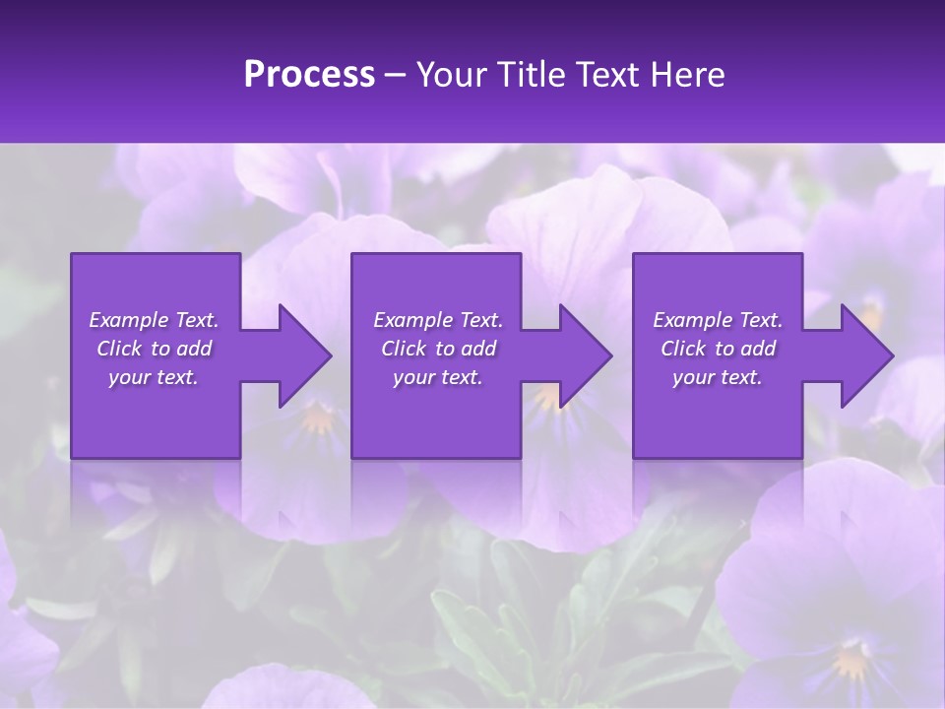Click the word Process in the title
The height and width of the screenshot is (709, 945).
coord(309,74)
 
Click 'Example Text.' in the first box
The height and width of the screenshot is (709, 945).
coord(154,320)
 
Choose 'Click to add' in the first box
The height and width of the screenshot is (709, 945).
coord(155,349)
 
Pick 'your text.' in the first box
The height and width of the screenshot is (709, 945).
coord(154,377)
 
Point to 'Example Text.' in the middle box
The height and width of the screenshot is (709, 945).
coord(438,320)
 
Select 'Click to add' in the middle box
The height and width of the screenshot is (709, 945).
coord(438,349)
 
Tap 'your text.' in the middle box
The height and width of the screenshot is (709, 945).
coord(438,377)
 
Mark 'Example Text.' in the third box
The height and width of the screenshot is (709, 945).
coord(718,320)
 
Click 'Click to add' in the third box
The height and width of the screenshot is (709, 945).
coord(718,349)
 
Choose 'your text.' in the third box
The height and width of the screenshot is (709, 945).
coord(718,377)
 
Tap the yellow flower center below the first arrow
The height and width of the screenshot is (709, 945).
coord(317,420)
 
